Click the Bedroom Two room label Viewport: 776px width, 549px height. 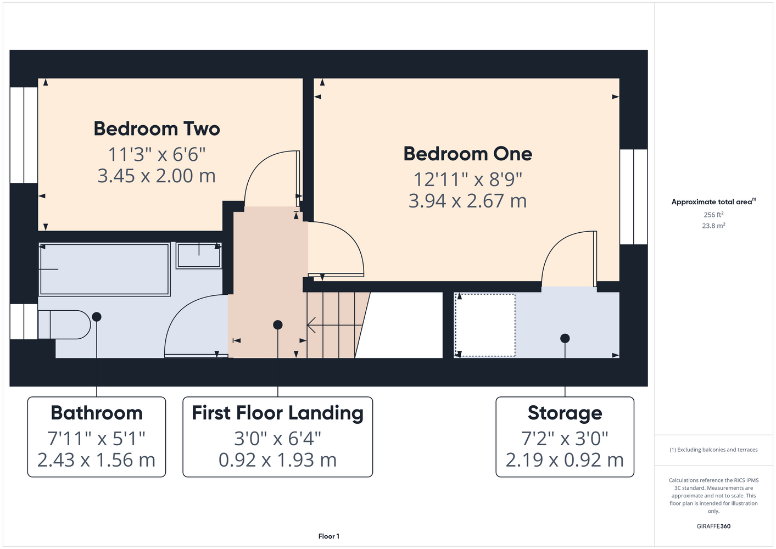coord(157,129)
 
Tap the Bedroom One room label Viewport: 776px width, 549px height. coord(468,154)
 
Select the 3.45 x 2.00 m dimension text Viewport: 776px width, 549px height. coord(157,176)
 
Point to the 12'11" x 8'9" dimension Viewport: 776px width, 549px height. coord(468,179)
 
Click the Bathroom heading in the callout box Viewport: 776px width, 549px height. coord(97,413)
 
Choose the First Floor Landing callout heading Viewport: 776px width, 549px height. coord(278,413)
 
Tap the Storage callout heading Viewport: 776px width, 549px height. coord(565,413)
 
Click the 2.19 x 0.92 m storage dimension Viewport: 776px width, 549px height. coord(565,460)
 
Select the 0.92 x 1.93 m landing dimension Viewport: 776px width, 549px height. coord(278,460)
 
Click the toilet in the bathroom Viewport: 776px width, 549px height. coord(64,324)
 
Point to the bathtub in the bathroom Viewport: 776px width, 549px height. coord(104,270)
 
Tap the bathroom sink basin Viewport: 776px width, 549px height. coord(199,255)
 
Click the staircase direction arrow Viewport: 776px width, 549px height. coord(334,325)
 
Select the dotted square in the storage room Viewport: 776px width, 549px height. coord(485,325)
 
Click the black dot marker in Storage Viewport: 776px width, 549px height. coord(565,338)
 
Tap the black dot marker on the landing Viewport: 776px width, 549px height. coord(278,324)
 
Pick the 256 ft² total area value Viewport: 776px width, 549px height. coord(713,215)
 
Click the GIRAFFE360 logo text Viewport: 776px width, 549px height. coord(713,526)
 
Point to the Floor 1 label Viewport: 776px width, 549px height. coord(329,536)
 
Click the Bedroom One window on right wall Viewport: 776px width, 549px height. coord(634,197)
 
